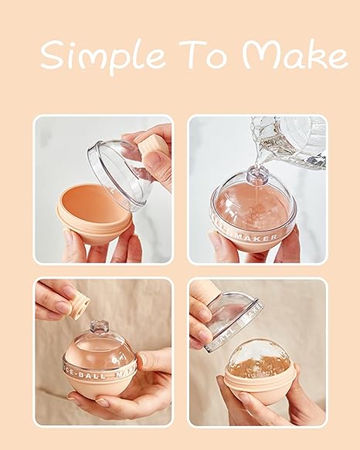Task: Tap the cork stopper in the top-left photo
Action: tap(154, 146)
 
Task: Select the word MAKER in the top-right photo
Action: tap(267, 228)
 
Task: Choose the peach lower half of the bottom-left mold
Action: tap(100, 386)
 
